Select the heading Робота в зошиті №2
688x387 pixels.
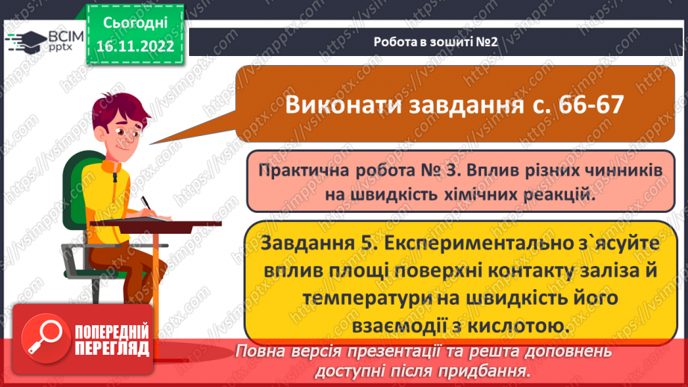click(x=436, y=41)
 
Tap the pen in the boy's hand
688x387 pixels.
click(x=147, y=204)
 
